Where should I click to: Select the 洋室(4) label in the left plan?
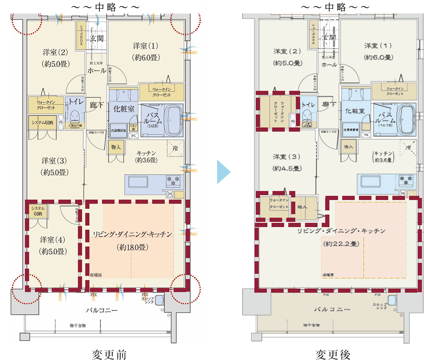[53, 239]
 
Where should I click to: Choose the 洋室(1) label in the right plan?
[378, 46]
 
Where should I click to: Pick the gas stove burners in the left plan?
[173, 182]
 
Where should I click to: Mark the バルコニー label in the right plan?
[332, 309]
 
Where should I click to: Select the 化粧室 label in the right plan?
[355, 111]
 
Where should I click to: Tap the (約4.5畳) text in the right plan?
[286, 168]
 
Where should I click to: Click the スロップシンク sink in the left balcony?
[159, 301]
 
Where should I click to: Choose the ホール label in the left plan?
[96, 71]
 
